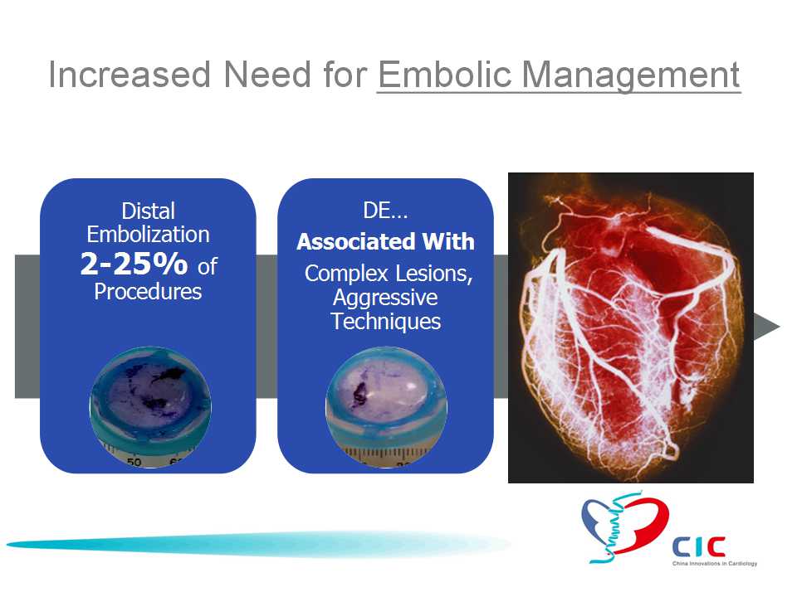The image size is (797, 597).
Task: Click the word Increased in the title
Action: (130, 75)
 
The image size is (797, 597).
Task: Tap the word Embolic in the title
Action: (444, 75)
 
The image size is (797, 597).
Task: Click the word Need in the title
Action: (266, 75)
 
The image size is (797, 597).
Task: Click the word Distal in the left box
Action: (148, 211)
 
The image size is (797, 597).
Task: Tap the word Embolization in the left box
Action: (148, 235)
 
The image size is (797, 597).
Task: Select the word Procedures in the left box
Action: (148, 291)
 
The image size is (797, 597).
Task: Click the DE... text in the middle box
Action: (385, 210)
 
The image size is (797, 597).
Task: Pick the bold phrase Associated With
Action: (385, 241)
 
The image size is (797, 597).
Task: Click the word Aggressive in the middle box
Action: (385, 298)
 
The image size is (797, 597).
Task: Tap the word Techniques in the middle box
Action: (386, 322)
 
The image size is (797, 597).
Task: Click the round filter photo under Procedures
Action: (150, 407)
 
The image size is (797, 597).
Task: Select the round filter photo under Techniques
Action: (386, 407)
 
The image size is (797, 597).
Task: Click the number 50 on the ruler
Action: (134, 462)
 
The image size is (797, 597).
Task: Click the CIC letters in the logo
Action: (699, 546)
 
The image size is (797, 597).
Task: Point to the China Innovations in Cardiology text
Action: (715, 564)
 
